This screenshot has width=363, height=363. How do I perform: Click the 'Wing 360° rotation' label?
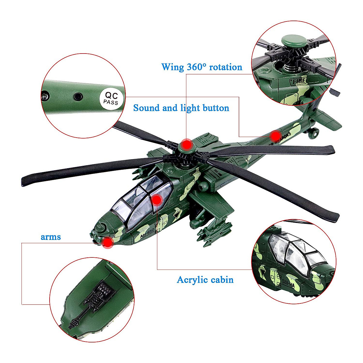point(202,67)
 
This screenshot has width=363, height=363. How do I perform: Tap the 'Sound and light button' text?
point(181,108)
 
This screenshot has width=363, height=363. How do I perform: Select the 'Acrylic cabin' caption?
point(205,280)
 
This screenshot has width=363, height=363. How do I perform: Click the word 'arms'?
point(51,237)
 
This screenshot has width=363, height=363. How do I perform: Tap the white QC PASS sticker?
point(111,98)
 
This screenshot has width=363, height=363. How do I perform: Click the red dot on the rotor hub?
point(187,145)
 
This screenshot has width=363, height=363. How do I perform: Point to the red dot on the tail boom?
point(275,136)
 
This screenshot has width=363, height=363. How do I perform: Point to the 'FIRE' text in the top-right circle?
point(299,80)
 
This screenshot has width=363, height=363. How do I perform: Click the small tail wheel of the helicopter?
point(315,132)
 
